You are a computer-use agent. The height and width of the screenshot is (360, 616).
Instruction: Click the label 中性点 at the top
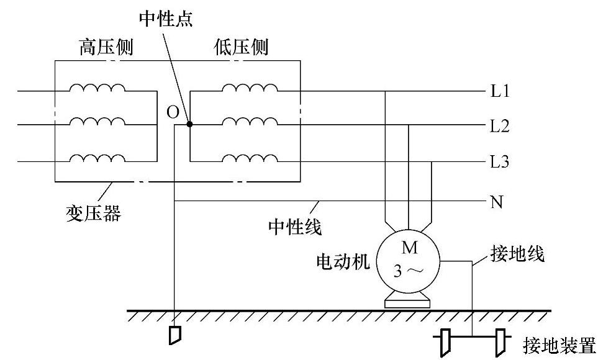tap(166, 18)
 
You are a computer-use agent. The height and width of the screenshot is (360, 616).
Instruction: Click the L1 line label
tap(500, 92)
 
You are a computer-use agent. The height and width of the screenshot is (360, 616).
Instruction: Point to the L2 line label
tap(500, 127)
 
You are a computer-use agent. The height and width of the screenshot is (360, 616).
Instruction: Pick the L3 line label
tap(500, 163)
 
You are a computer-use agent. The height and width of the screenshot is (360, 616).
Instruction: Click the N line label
tap(496, 202)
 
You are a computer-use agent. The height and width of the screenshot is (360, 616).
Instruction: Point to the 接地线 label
tap(517, 254)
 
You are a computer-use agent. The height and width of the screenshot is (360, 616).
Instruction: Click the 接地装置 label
tap(559, 345)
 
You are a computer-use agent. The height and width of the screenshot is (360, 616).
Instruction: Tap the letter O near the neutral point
tap(173, 112)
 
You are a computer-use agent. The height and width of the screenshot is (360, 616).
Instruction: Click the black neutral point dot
tap(189, 124)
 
